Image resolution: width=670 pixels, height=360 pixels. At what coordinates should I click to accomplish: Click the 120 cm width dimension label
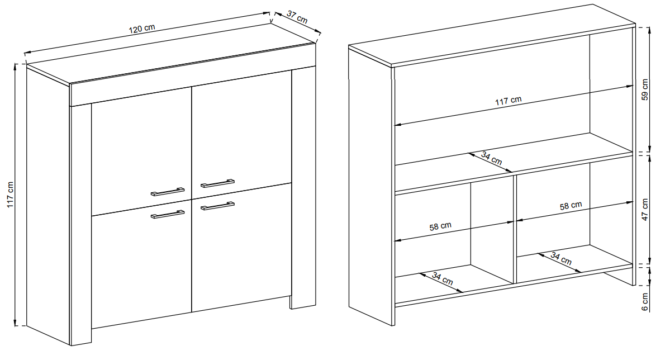click(142, 29)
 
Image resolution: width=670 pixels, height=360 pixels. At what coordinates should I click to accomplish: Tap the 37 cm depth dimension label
click(297, 17)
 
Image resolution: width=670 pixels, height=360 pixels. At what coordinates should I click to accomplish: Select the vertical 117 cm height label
click(10, 195)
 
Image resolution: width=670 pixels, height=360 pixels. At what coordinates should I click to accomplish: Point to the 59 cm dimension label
click(645, 90)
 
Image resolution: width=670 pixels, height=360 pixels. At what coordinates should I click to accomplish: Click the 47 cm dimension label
click(645, 210)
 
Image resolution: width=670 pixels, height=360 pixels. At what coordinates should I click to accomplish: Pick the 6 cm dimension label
click(645, 301)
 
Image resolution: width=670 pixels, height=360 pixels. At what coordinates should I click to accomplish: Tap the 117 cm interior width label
click(509, 101)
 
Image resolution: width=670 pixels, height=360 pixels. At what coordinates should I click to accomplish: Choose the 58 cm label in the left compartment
click(440, 226)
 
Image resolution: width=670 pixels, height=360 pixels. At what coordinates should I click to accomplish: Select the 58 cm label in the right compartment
click(571, 206)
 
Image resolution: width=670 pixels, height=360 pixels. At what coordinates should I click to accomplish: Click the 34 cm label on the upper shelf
click(491, 158)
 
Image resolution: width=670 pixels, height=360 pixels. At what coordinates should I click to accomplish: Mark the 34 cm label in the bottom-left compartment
click(442, 279)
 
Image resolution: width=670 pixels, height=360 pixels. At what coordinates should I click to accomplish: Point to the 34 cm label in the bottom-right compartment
click(561, 258)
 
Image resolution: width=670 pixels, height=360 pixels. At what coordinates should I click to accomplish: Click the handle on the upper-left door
click(168, 192)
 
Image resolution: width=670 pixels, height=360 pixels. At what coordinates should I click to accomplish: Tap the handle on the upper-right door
click(217, 183)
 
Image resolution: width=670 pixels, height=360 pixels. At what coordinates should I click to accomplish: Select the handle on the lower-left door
click(168, 214)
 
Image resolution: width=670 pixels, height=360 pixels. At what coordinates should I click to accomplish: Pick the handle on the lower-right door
click(217, 206)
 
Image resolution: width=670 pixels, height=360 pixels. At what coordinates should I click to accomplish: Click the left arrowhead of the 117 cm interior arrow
click(397, 125)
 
